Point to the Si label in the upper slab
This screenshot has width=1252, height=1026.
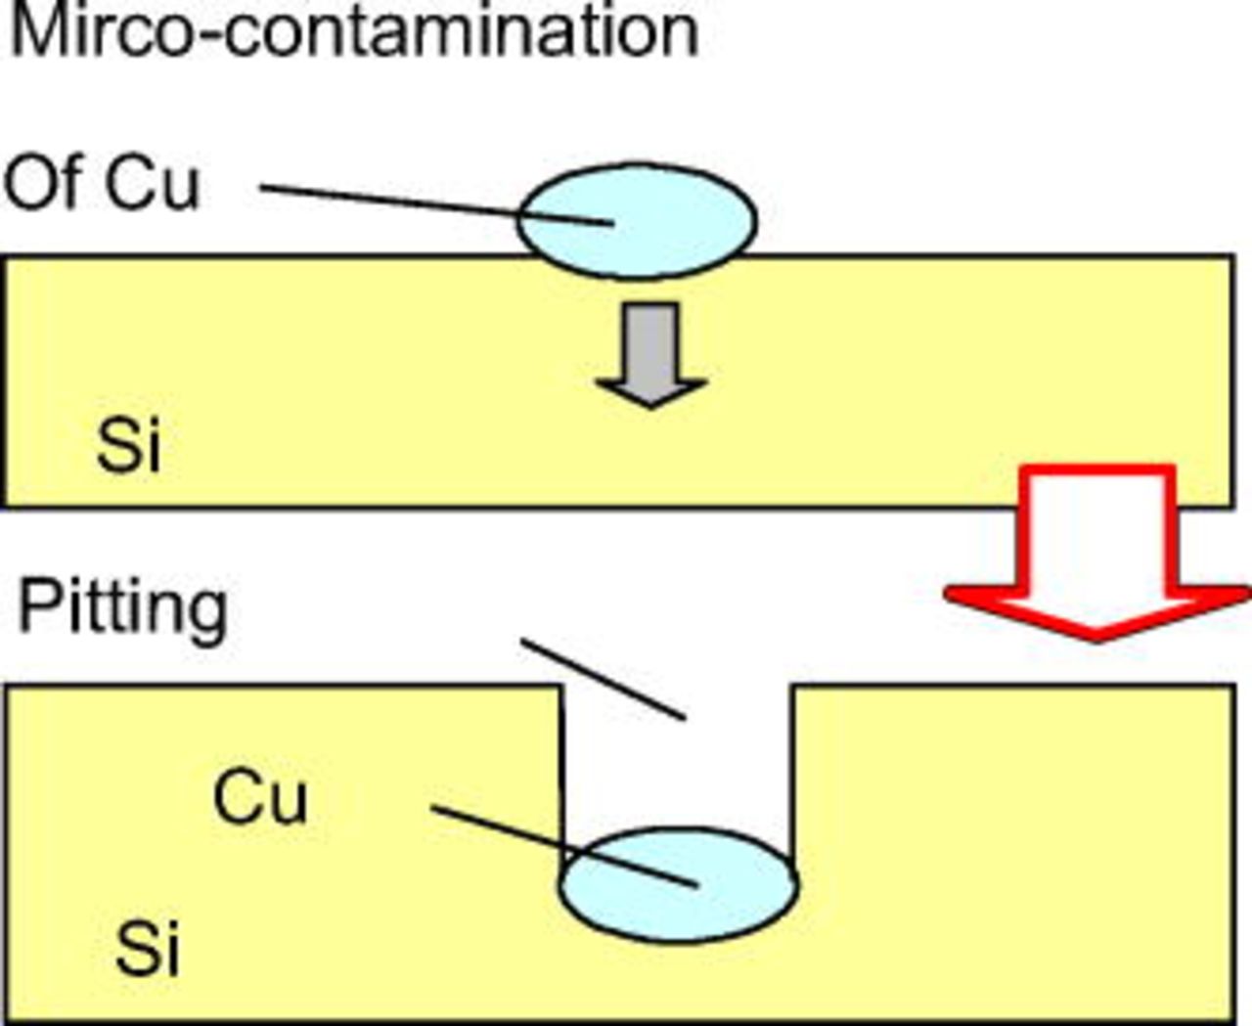[x=128, y=446]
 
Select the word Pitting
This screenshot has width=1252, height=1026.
[x=123, y=608]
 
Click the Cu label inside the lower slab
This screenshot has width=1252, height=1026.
[x=259, y=796]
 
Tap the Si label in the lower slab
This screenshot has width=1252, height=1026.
[x=148, y=948]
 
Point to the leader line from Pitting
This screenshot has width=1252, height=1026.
[x=602, y=679]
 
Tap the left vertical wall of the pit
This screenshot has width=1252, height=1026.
[x=562, y=773]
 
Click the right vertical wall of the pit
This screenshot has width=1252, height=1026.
[x=794, y=773]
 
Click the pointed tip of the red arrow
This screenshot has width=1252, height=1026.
[x=1095, y=638]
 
